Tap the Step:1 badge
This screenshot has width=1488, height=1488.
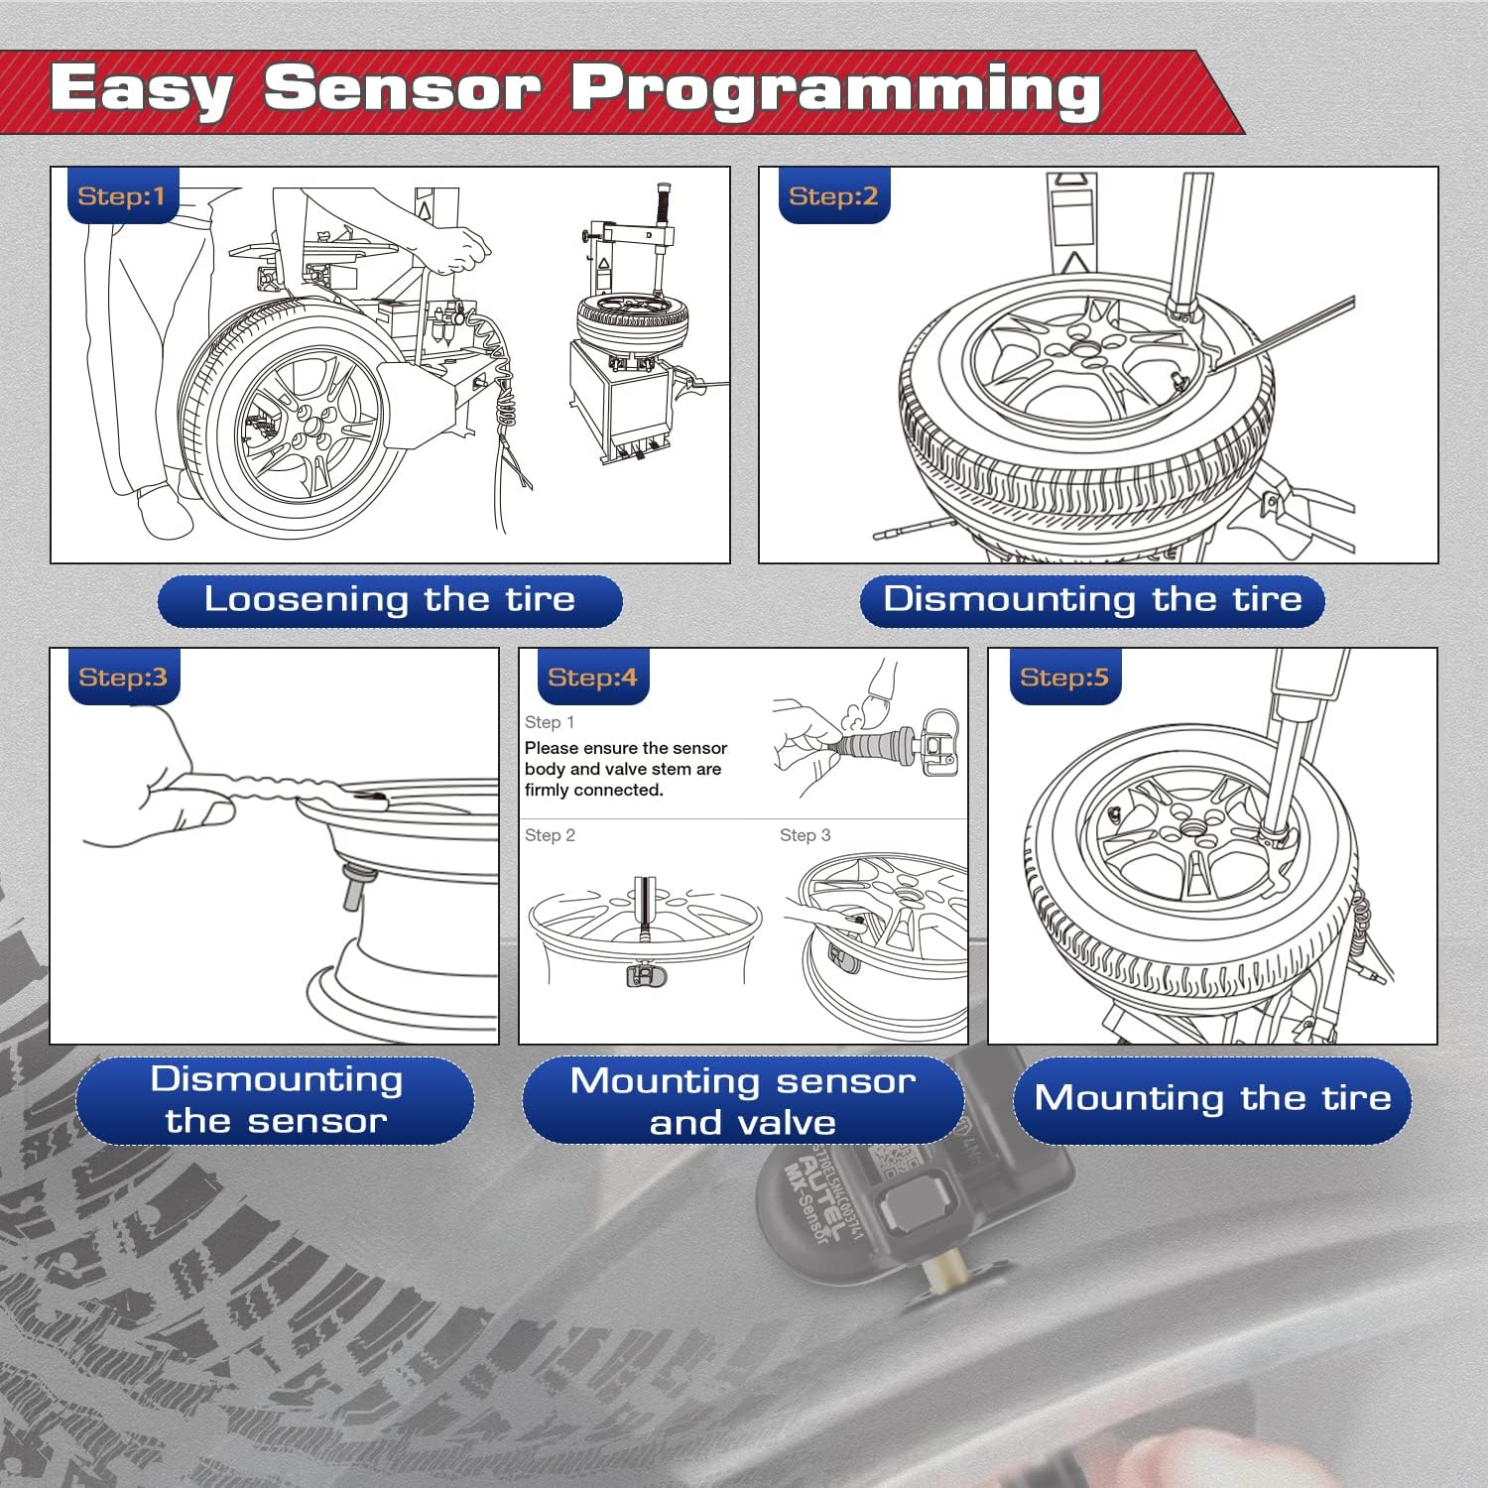121,196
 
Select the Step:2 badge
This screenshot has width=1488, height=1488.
833,196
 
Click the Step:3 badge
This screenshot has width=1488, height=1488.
123,678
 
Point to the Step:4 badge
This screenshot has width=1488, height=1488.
592,678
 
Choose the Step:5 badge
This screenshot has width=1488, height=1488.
1063,678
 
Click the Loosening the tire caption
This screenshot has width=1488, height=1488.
390,600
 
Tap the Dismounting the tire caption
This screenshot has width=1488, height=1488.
1092,600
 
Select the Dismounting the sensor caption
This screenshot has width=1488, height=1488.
276,1100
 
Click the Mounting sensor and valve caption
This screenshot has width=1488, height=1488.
743,1101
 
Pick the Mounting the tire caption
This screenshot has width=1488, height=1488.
1212,1099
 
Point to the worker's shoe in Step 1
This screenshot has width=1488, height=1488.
164,511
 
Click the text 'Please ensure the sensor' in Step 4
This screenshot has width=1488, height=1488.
625,748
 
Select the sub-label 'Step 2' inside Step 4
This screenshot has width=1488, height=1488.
550,835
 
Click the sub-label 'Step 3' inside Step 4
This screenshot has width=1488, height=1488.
805,835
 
